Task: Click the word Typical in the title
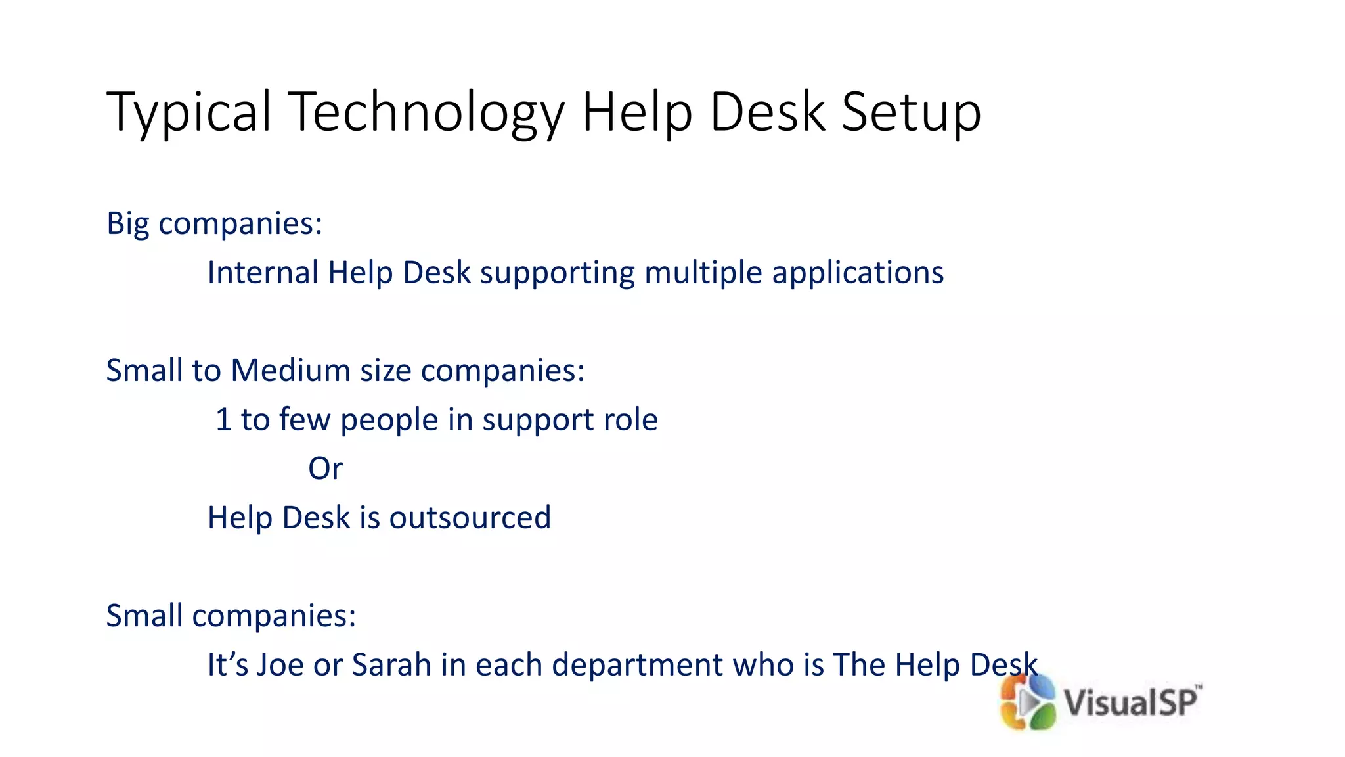[x=189, y=113]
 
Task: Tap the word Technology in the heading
[x=426, y=113]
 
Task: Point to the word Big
[x=128, y=224]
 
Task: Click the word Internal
[x=263, y=272]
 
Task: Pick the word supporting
[x=558, y=273]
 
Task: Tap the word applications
[x=858, y=273]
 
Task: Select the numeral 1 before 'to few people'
[x=223, y=420]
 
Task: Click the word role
[x=630, y=420]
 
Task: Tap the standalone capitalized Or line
[x=325, y=469]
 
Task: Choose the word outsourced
[x=470, y=518]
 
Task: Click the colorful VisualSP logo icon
[x=1027, y=702]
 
